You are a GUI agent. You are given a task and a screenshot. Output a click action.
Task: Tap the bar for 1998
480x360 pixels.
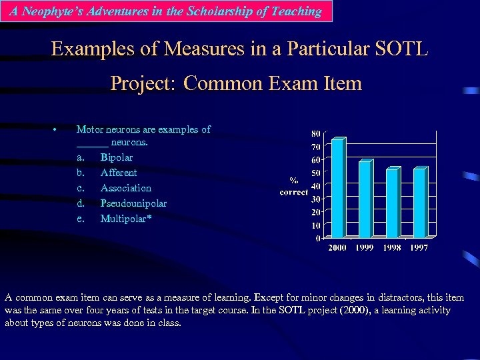tap(392, 203)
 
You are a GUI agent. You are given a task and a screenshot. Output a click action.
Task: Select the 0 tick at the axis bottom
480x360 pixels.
tap(317, 238)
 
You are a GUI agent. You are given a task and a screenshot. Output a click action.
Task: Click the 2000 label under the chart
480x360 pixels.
tap(337, 248)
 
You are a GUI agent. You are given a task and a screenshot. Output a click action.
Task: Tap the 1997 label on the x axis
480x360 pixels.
tap(419, 248)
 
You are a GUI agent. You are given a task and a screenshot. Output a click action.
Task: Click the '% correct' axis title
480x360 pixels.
tap(293, 186)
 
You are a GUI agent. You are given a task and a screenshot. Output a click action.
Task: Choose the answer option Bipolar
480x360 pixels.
tap(117, 158)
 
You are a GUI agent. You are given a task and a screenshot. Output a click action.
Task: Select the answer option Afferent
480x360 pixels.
tap(119, 173)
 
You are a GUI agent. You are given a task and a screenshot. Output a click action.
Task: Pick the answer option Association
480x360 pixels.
tap(126, 188)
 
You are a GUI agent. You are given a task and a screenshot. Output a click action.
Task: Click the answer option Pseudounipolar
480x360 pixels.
tap(133, 203)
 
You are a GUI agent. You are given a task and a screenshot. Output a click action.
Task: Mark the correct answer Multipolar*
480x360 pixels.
tap(126, 219)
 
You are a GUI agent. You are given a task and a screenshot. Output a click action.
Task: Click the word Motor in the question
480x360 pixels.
tap(89, 129)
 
